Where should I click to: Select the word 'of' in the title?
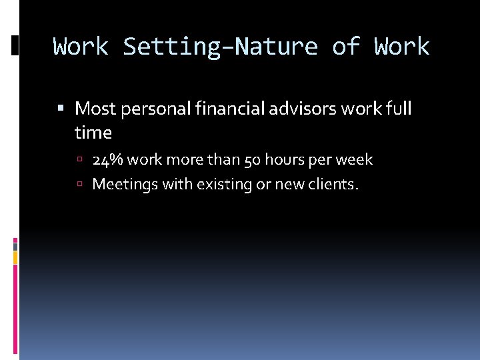(346, 47)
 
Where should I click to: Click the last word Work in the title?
(402, 47)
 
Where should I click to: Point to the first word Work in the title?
(81, 47)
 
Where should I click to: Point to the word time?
(93, 133)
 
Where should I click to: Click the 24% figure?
(107, 160)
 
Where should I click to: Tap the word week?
(354, 160)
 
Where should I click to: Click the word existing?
(224, 184)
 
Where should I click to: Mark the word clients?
(332, 184)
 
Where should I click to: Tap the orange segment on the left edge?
(15, 257)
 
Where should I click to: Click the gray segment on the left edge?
(15, 246)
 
